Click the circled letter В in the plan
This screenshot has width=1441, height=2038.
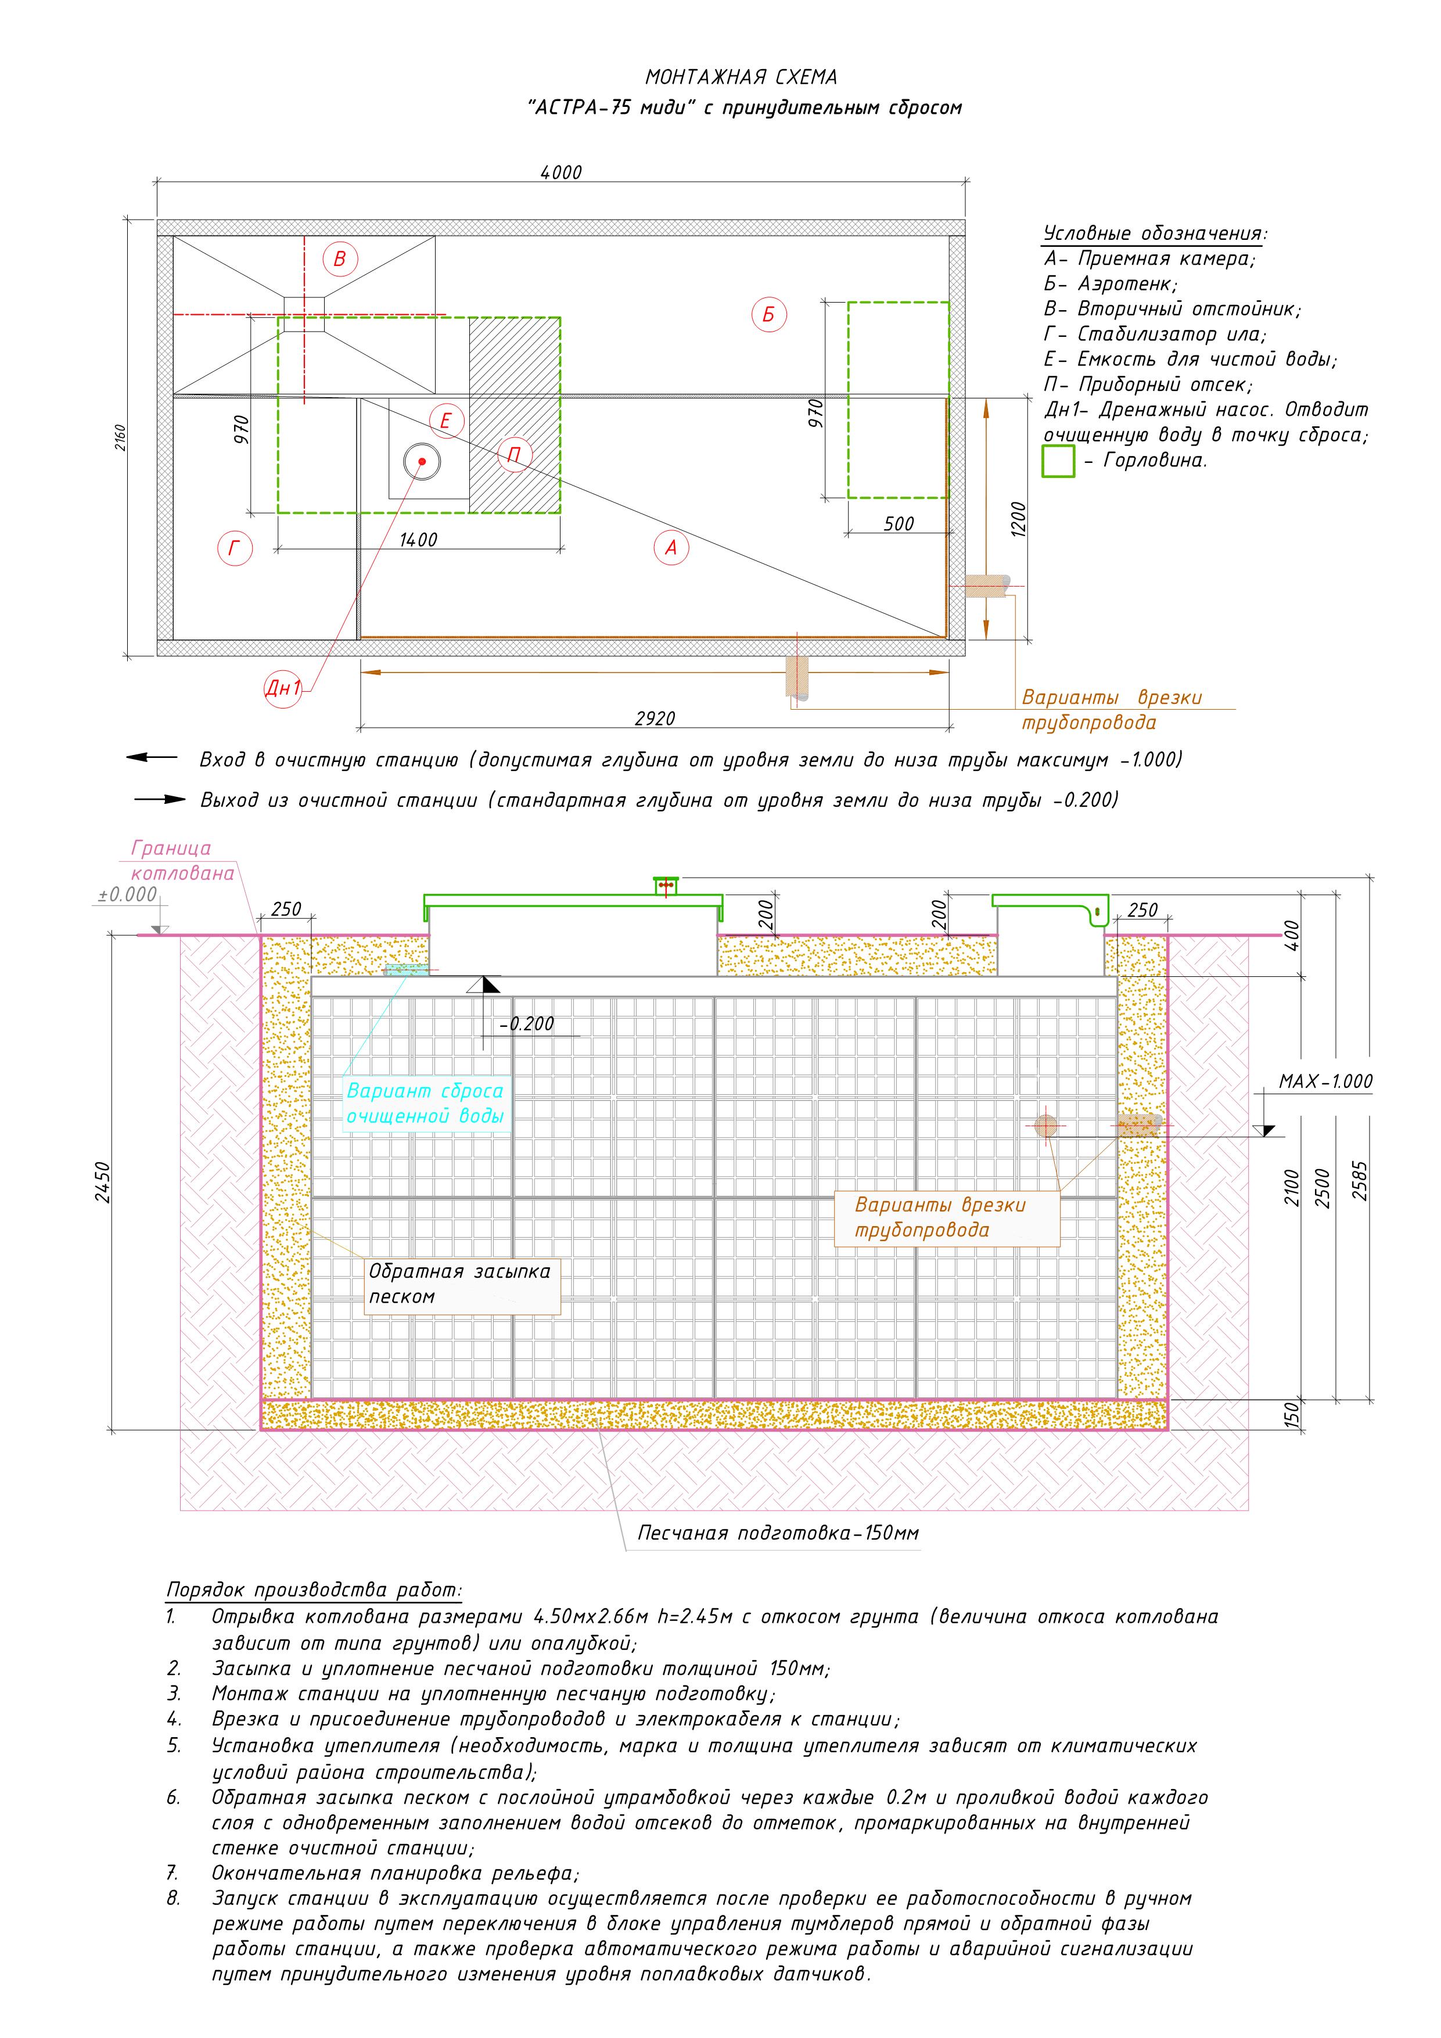(339, 258)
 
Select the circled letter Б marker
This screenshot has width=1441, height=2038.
(769, 314)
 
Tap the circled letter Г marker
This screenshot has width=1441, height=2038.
(235, 548)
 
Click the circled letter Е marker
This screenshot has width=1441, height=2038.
(445, 420)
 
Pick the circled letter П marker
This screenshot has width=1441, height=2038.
(514, 455)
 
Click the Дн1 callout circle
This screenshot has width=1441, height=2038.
(283, 687)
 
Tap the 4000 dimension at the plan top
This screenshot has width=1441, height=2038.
(561, 172)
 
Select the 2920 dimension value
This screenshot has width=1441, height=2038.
(655, 718)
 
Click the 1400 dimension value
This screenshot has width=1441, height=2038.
(418, 540)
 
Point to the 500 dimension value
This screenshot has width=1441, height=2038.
(899, 524)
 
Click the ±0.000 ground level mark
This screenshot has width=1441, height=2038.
(127, 895)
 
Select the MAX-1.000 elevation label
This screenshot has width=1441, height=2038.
(1325, 1081)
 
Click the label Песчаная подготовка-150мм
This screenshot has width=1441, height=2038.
(778, 1533)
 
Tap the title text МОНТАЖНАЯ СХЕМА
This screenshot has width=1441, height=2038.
(741, 78)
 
